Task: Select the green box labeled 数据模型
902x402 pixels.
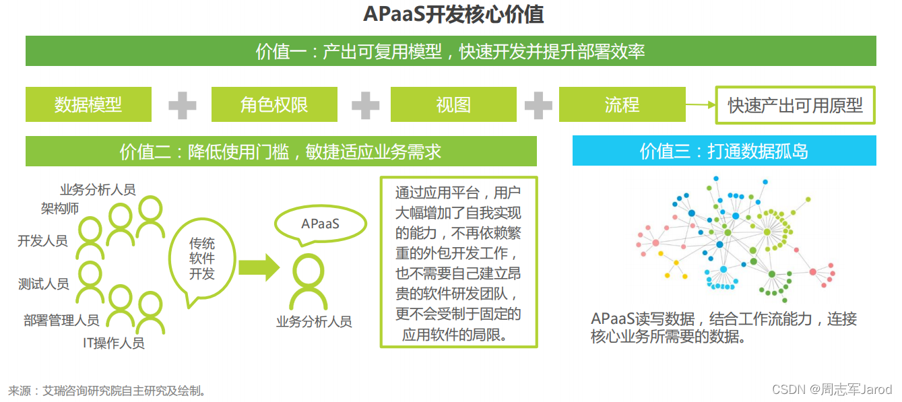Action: click(88, 104)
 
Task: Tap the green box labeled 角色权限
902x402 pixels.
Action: click(274, 104)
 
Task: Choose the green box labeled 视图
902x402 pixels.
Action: click(453, 104)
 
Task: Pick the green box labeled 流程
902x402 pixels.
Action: click(622, 104)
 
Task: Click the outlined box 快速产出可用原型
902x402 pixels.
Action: click(795, 105)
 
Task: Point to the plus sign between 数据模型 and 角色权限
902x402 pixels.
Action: click(182, 105)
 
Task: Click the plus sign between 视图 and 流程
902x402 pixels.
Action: click(538, 105)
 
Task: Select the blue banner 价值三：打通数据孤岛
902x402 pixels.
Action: click(723, 151)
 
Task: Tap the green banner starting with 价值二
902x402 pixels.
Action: click(281, 152)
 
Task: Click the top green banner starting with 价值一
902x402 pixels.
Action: click(451, 51)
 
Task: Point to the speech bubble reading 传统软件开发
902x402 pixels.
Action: click(201, 259)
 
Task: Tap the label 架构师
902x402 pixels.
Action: click(60, 208)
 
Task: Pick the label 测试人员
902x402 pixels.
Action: click(44, 283)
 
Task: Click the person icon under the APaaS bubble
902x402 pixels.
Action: click(311, 283)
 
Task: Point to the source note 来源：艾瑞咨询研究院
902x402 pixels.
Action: click(107, 391)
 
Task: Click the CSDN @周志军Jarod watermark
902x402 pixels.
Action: click(831, 389)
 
